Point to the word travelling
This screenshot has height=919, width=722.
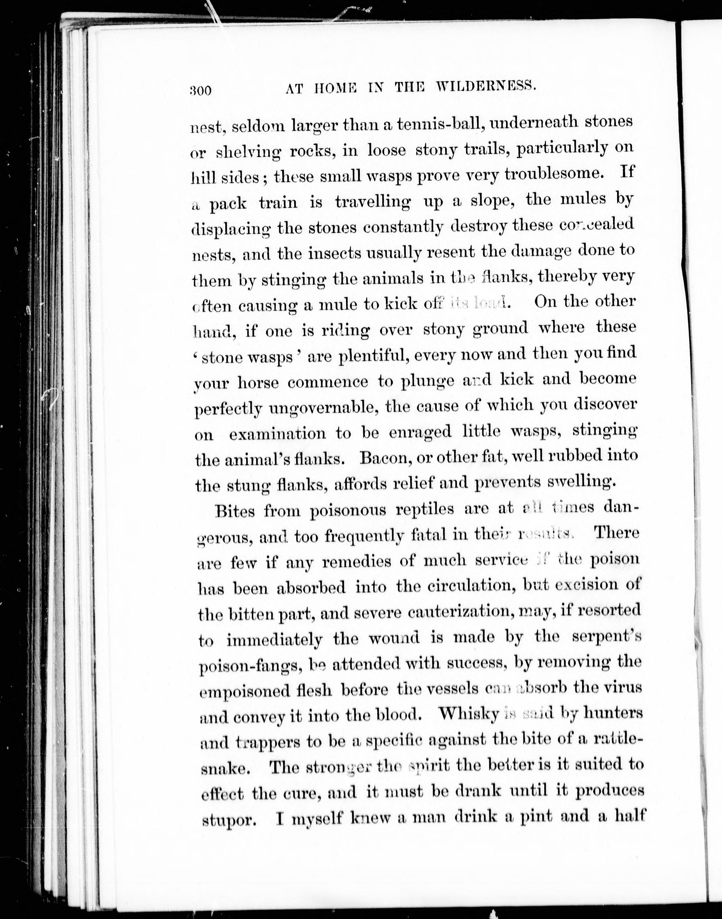372,202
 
